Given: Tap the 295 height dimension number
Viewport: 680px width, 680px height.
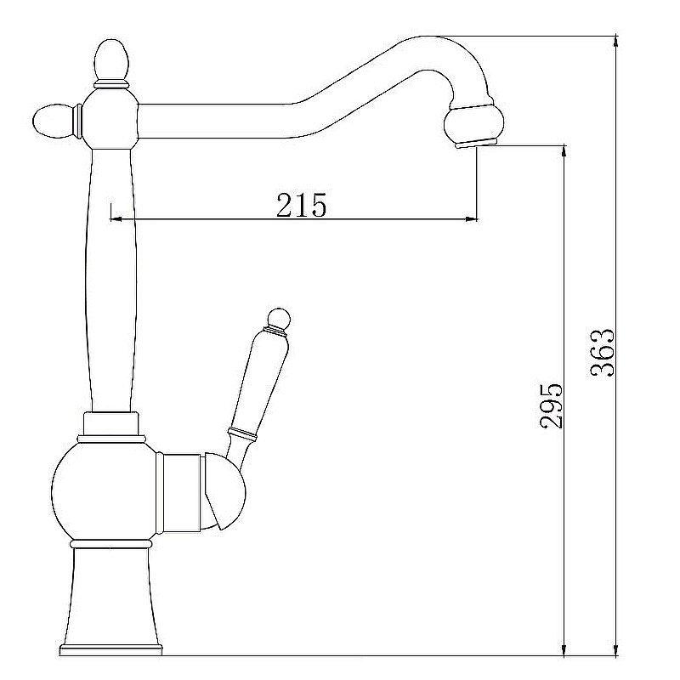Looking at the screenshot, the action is (x=550, y=405).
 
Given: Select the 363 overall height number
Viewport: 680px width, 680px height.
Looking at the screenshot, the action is (x=602, y=353).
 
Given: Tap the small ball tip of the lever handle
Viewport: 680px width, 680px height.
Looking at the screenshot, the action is (x=279, y=318).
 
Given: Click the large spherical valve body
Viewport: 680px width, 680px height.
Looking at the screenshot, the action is (x=104, y=492).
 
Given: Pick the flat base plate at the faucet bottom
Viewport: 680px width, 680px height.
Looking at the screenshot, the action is (x=110, y=649).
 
